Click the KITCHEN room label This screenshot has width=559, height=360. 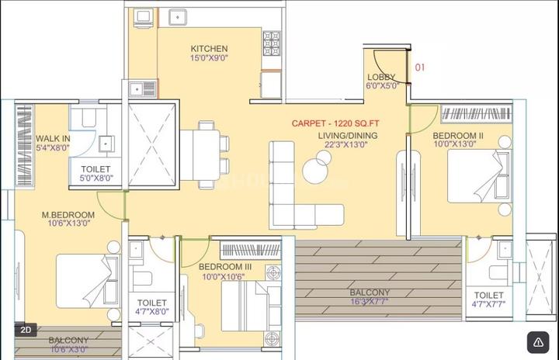(x=209, y=48)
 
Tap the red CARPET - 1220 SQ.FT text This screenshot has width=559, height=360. (x=335, y=123)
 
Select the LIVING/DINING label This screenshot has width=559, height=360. (x=348, y=136)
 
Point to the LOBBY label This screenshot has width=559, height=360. (x=381, y=77)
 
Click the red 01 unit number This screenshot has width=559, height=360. (x=420, y=67)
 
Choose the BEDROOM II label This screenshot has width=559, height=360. (x=458, y=136)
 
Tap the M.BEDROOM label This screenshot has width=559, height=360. (x=68, y=215)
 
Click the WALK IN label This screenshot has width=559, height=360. (x=53, y=139)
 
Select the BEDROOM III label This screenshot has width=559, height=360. (x=225, y=267)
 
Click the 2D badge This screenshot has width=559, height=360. (x=26, y=330)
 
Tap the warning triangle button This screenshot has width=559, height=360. (x=538, y=342)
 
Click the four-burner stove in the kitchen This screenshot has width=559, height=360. (x=272, y=43)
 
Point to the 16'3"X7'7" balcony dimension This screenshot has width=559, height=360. (x=370, y=302)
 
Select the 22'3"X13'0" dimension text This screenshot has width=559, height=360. (x=345, y=144)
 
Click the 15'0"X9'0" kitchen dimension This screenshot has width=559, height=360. (x=209, y=57)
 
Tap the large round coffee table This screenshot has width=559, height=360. (x=314, y=171)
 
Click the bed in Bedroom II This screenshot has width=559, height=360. (x=479, y=176)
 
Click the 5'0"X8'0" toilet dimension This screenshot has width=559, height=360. (x=95, y=178)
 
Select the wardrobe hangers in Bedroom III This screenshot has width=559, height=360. (x=251, y=250)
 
